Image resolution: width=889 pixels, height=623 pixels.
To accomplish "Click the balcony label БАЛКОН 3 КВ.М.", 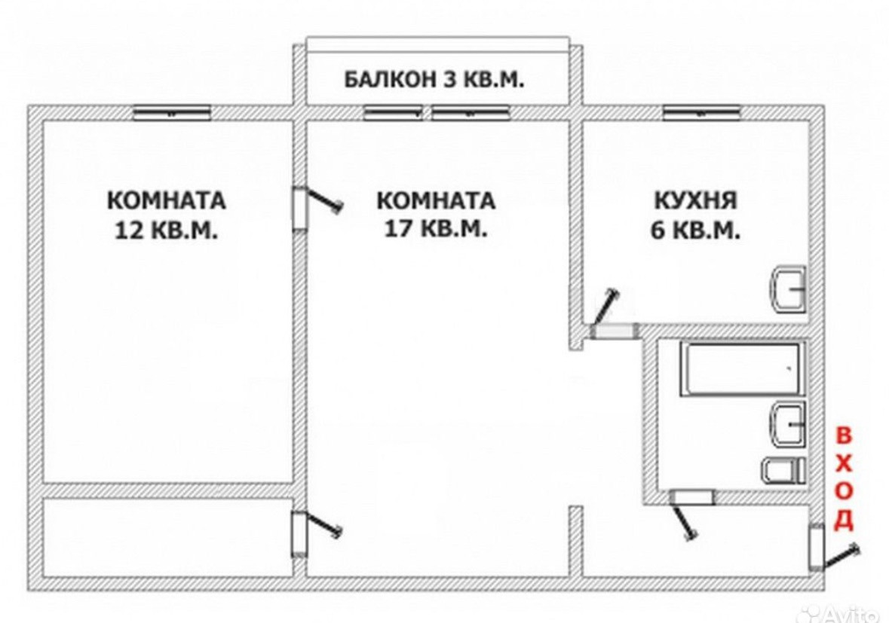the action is [x=434, y=79].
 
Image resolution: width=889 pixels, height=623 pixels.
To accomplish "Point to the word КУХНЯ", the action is [x=694, y=200].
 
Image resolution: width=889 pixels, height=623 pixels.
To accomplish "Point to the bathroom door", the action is [x=691, y=497].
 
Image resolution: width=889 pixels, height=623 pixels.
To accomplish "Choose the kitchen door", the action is [x=613, y=331].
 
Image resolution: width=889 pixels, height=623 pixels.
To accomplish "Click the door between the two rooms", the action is [x=301, y=207].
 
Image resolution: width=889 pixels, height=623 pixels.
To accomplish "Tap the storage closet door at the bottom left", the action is [x=299, y=533].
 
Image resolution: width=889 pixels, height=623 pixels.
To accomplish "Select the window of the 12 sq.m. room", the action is [x=171, y=113].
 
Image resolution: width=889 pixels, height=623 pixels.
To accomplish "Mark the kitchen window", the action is [x=700, y=113].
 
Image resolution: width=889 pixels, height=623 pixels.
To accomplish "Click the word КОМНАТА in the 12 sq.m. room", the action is [x=166, y=201].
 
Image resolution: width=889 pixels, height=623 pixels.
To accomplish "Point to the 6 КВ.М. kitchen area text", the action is [x=694, y=230].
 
